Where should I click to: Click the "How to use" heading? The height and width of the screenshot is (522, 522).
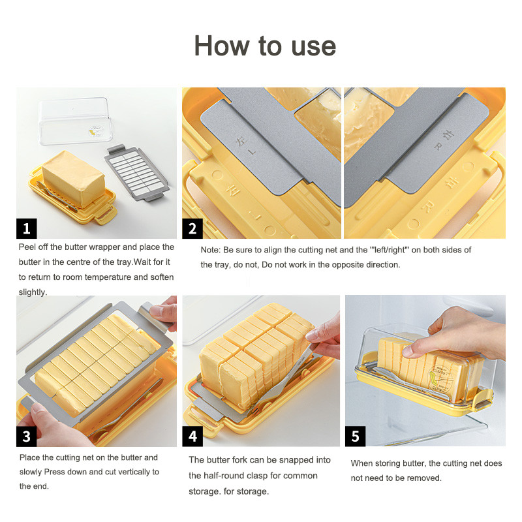(265, 46)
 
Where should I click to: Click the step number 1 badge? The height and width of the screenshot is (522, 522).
(27, 228)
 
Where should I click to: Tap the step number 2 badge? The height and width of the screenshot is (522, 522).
(192, 228)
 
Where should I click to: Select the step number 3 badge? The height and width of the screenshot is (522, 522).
(27, 436)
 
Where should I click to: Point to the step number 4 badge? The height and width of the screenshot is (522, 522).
(192, 436)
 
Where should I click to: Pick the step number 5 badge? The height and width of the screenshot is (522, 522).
(355, 436)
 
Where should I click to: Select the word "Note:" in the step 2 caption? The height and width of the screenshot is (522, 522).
(211, 250)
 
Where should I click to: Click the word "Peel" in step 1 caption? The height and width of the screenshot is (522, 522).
(28, 247)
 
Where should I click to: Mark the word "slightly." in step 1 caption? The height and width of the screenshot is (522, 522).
(33, 292)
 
